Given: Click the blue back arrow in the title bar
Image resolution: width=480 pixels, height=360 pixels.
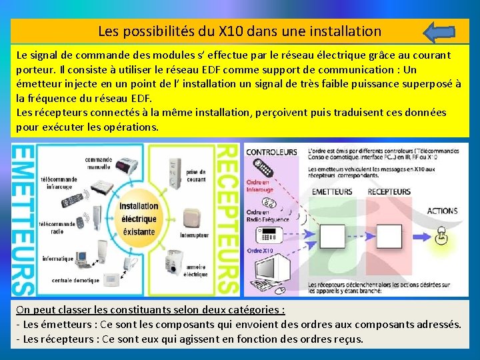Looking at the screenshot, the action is coord(439,31).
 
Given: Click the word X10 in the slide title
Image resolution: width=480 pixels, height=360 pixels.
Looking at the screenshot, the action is coord(237,31).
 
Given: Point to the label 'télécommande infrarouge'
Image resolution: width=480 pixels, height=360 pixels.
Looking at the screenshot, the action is coord(59,183).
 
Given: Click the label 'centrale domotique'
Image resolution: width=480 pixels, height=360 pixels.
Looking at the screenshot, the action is coord(75,280).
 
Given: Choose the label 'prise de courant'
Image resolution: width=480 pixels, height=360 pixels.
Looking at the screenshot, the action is coord(197,175).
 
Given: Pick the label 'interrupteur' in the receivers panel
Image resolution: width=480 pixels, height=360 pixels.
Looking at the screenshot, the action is coord(195,235).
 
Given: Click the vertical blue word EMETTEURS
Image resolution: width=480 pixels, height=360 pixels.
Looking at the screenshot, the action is coord(23,220).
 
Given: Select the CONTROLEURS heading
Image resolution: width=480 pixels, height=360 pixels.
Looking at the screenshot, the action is coord(271,152).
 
